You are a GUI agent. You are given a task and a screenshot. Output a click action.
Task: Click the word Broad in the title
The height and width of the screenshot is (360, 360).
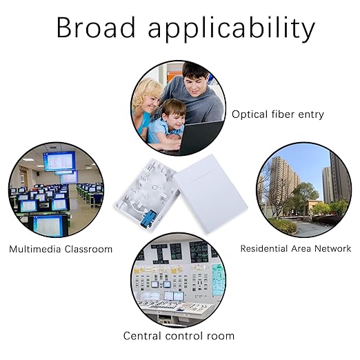point(96,28)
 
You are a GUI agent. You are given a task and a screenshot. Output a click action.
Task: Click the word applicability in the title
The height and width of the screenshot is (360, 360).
point(231,30)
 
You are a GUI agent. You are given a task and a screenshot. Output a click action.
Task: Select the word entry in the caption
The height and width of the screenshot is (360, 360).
point(311,114)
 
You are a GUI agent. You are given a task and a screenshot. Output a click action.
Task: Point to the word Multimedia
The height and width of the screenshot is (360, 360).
point(34,249)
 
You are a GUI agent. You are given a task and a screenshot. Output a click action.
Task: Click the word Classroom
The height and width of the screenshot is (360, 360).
point(88,249)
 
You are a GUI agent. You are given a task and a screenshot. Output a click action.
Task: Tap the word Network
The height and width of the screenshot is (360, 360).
point(332,248)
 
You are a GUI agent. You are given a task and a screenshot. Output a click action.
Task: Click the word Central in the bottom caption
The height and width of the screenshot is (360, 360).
point(142,336)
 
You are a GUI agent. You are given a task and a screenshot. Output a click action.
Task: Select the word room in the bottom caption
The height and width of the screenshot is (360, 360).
point(221,337)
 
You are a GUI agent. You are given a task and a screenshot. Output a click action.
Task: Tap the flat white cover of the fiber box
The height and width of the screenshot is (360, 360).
point(210,194)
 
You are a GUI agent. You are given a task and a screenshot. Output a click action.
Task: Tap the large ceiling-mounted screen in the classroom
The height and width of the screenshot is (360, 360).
point(59,161)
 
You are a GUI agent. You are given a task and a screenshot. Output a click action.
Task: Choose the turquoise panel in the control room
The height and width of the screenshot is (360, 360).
point(218,280)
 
